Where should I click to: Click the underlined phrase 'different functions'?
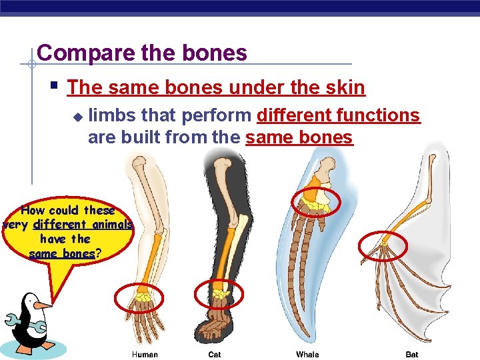coord(339,116)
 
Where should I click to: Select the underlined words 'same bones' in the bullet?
coord(299,138)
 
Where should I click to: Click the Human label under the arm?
coord(145,355)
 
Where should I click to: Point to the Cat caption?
coord(215,355)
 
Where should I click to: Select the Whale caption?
coord(307,355)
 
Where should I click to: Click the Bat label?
coord(412,355)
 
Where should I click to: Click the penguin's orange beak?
coord(43,305)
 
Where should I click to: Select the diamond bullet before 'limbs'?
coord(77,117)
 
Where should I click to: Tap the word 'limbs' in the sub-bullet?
coord(107,116)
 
